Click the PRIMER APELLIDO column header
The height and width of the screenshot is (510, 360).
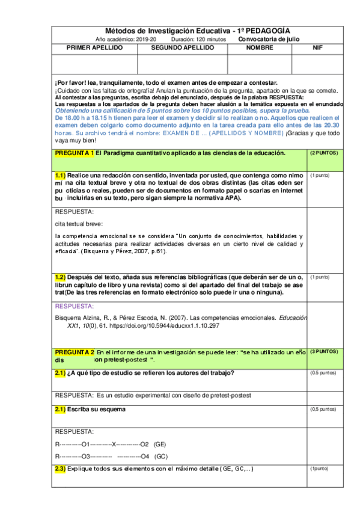pos(95,47)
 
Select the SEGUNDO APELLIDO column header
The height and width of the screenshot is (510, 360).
pos(182,47)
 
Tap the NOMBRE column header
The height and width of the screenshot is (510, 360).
pos(259,47)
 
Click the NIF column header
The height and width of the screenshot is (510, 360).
pos(317,47)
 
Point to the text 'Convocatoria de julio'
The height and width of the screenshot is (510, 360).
pos(269,38)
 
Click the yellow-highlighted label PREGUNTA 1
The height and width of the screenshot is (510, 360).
pos(75,154)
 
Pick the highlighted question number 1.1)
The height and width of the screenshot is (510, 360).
pos(64,175)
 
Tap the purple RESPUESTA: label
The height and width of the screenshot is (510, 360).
pos(74,306)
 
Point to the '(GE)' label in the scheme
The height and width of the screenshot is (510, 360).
pos(160,444)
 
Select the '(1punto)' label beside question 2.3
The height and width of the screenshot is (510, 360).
pos(319,468)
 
